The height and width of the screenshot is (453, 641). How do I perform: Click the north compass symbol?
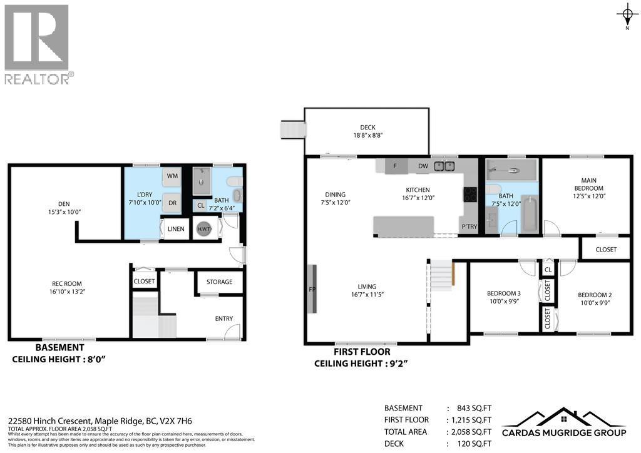[x=627, y=13]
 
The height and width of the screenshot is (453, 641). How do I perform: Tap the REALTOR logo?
[x=37, y=44]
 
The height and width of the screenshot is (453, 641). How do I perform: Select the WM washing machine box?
[x=173, y=176]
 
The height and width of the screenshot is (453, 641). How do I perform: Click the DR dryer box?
[x=173, y=203]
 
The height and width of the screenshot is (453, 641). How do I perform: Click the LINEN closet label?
[x=176, y=229]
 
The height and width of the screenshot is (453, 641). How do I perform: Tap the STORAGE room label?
[x=219, y=282]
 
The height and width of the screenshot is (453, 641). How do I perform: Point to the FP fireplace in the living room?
[x=311, y=289]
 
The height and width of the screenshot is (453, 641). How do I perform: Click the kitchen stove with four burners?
[x=469, y=195]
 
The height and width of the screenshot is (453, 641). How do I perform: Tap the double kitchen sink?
[x=445, y=166]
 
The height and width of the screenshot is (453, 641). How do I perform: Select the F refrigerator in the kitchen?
[x=395, y=166]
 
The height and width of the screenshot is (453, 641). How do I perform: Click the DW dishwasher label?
[x=423, y=166]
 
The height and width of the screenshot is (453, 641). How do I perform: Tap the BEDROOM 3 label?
[x=504, y=293]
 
